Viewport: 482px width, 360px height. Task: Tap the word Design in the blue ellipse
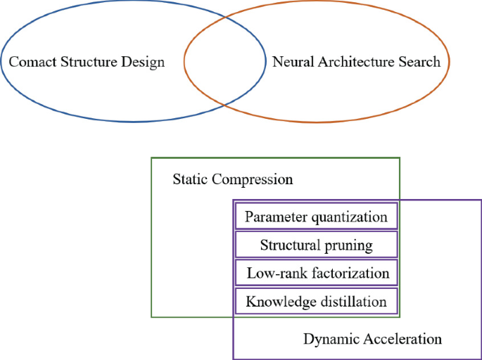144,62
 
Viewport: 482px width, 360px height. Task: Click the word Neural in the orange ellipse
293,62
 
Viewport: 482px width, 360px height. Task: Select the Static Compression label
232,179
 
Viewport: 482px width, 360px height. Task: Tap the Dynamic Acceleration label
372,340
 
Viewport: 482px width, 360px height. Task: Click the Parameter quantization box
316,217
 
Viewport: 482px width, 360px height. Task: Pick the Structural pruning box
316,245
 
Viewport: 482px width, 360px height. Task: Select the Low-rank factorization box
316,274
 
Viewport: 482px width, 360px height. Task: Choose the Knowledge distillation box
316,302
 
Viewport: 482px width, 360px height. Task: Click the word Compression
253,179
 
